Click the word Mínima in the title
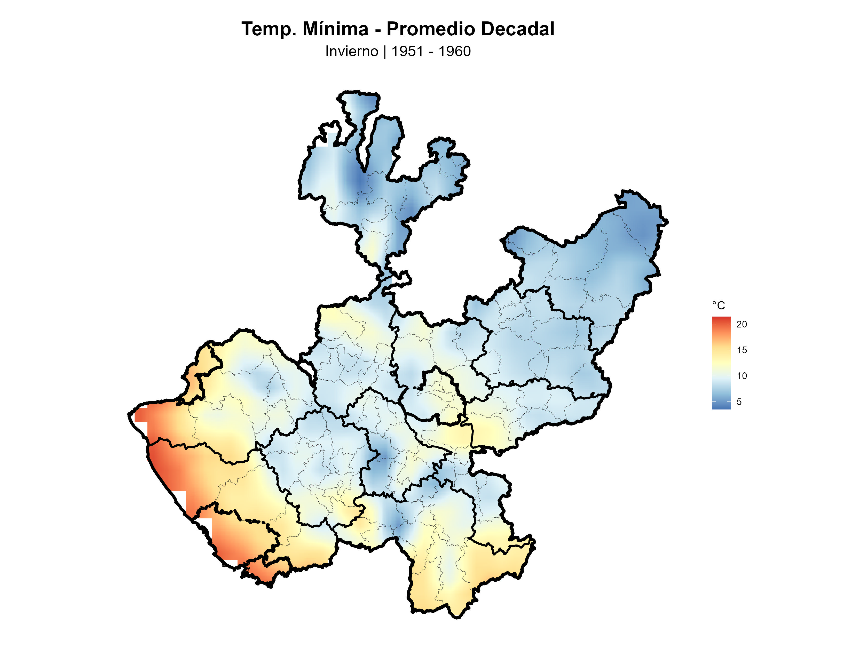coord(335,29)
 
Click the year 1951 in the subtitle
coord(407,51)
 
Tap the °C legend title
coord(718,305)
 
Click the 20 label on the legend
coord(741,324)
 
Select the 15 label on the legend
coord(741,350)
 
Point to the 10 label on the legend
coord(741,376)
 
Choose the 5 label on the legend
coord(739,402)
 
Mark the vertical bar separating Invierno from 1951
coord(385,51)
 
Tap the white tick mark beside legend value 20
coord(729,324)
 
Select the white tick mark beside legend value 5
coord(729,402)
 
